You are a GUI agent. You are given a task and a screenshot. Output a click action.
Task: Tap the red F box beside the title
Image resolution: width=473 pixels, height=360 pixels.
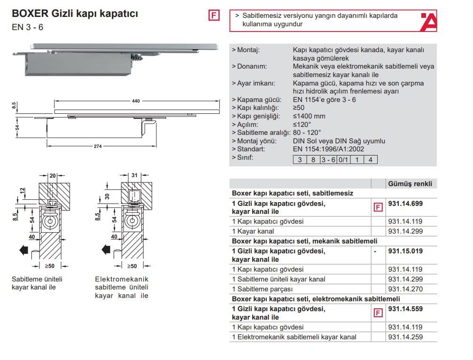213,16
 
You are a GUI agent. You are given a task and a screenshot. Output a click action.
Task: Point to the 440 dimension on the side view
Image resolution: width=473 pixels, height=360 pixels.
136,101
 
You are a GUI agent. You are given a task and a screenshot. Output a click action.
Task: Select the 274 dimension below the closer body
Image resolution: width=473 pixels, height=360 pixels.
97,146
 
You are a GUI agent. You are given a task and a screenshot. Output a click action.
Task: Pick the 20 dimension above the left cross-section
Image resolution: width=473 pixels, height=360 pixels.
53,176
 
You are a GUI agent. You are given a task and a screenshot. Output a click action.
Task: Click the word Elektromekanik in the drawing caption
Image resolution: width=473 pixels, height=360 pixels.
121,279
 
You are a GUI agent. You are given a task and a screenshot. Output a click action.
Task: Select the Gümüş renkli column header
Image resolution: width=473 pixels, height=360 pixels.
410,184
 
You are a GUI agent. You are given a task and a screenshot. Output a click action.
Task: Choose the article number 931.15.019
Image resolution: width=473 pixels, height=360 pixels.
405,251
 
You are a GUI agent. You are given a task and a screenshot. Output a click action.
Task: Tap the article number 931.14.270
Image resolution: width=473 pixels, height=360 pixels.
405,289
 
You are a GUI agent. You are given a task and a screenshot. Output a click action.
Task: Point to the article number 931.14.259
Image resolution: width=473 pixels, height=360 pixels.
405,337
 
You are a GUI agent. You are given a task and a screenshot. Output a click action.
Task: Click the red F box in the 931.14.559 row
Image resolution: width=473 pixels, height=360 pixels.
377,313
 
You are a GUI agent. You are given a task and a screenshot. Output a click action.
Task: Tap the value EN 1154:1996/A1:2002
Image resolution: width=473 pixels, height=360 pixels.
328,149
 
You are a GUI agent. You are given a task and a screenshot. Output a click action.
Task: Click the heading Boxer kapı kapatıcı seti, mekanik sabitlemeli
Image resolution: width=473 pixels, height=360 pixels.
305,241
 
